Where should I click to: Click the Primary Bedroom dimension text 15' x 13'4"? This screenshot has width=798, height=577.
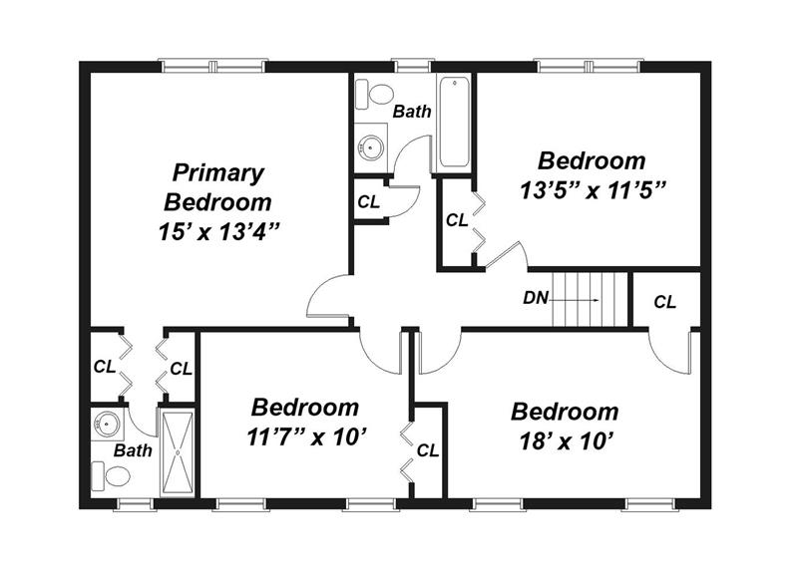[x=219, y=232]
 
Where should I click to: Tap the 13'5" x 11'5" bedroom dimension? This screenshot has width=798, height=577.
[x=593, y=191]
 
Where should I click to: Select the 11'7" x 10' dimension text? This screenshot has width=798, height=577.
[x=307, y=437]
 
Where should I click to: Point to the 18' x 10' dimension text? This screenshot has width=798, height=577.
[x=565, y=441]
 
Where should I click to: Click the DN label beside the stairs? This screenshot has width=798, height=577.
[x=536, y=298]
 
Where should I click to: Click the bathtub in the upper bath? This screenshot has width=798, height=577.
[x=454, y=122]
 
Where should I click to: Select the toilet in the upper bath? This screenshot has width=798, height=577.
[x=374, y=94]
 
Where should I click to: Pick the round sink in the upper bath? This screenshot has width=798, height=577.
[x=370, y=147]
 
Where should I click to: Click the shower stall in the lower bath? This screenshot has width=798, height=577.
[x=178, y=452]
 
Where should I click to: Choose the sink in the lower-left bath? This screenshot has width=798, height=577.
[x=107, y=423]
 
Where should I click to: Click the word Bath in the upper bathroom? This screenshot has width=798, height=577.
[x=412, y=112]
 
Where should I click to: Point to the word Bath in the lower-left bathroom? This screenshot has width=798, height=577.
[x=133, y=450]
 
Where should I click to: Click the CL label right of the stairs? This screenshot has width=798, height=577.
[x=664, y=302]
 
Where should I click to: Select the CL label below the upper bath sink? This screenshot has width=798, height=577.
[x=368, y=202]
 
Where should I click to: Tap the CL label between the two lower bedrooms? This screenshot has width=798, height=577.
[x=428, y=450]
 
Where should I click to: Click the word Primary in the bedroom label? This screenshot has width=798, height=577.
[x=218, y=172]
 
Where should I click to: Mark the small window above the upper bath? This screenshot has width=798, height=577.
[x=413, y=66]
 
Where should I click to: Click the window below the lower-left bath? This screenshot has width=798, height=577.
[x=135, y=504]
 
